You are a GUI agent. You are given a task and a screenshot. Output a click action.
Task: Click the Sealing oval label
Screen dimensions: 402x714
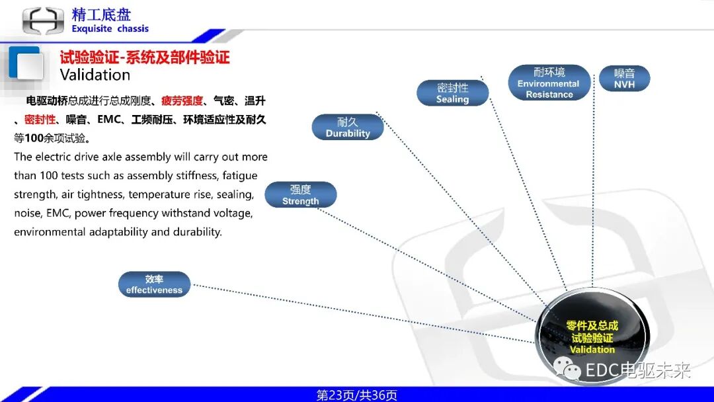[452, 93]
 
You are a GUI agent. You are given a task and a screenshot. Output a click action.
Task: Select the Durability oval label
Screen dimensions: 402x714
[348, 127]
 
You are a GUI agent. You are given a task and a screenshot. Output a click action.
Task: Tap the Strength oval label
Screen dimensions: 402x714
[300, 195]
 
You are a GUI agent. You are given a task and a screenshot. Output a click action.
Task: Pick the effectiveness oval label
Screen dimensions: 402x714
[154, 284]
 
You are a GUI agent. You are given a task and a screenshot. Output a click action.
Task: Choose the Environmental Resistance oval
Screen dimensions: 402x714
[549, 83]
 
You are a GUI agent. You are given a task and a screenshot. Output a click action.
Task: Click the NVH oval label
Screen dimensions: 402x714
[623, 79]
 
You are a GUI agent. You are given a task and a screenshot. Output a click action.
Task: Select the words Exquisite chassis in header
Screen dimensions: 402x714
[110, 28]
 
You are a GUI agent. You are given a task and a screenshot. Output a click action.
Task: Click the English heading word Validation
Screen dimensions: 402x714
[95, 74]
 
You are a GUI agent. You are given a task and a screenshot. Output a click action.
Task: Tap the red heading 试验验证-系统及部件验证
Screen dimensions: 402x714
[144, 57]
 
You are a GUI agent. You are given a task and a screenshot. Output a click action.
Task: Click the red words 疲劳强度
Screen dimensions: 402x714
[182, 101]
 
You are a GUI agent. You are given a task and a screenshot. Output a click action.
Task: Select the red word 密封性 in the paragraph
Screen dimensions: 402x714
[40, 120]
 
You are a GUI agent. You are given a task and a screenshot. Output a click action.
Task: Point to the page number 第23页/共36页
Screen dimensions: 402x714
[356, 395]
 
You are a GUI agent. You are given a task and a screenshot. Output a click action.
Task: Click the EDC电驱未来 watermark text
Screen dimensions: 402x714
[637, 370]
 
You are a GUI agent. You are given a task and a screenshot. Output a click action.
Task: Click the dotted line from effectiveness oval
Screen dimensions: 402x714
[364, 314]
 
